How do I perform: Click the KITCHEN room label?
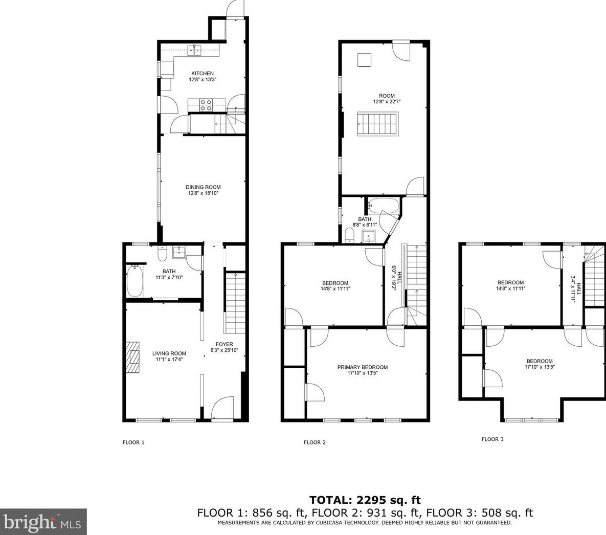[203, 74]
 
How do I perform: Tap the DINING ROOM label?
[203, 187]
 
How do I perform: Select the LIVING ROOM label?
[169, 353]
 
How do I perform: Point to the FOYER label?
[224, 344]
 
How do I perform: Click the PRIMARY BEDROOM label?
[362, 367]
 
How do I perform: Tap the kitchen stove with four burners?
[206, 105]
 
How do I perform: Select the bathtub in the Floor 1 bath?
[135, 281]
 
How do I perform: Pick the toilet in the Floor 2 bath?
[349, 235]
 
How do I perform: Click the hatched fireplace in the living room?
[132, 358]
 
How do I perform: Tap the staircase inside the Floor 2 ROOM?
[377, 124]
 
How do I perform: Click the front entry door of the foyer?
[222, 408]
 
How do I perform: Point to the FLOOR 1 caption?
[133, 442]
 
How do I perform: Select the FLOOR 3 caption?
[492, 439]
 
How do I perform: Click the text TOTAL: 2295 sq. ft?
[365, 500]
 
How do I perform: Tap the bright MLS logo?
[43, 522]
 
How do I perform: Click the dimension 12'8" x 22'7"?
[387, 102]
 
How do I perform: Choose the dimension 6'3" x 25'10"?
[224, 350]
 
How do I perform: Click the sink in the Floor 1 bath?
[179, 253]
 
